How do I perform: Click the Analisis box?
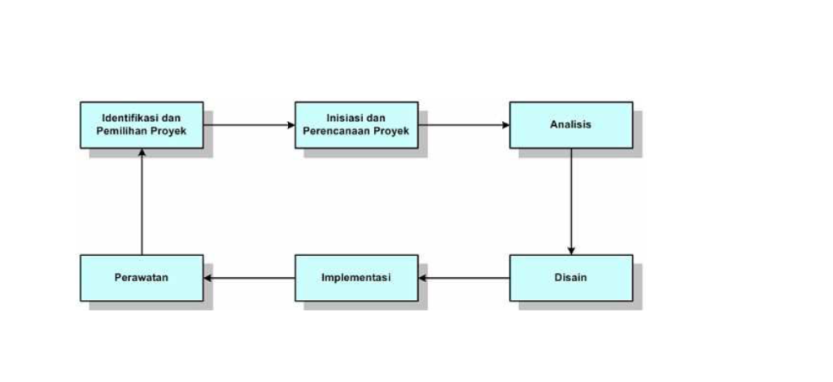click(570, 124)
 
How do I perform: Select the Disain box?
click(570, 278)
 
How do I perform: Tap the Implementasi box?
click(356, 278)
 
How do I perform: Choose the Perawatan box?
click(142, 278)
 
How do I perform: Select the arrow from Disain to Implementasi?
click(464, 278)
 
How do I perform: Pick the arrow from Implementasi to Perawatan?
click(250, 278)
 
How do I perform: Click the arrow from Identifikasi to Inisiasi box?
click(249, 125)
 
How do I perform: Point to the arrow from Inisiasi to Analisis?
click(464, 125)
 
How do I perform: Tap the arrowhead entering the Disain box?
click(571, 250)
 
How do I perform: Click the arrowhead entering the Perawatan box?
click(208, 278)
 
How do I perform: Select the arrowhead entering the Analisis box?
click(505, 125)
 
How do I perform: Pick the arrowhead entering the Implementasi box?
click(423, 278)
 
